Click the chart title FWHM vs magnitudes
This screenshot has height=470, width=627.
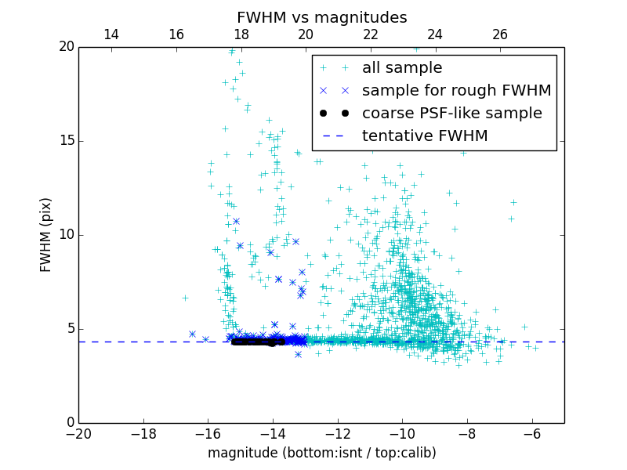321,17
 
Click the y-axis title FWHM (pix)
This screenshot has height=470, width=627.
46,234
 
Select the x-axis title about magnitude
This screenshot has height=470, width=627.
321,453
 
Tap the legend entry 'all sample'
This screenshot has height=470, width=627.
402,68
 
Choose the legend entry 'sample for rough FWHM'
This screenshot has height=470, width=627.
456,91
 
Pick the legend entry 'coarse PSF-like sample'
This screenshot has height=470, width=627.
451,114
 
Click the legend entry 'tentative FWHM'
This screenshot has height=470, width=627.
425,136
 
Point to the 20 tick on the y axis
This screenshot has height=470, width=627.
65,47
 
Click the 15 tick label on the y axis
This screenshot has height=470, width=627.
65,141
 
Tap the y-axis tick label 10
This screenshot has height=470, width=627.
65,235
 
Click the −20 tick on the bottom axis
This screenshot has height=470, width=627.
78,434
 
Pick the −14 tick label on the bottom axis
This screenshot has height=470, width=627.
273,434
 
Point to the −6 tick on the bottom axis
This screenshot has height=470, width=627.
532,434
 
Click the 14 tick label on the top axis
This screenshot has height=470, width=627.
111,34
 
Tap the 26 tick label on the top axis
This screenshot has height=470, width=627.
500,34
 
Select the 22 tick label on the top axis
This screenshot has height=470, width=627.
371,34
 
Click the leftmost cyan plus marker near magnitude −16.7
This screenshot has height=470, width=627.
185,298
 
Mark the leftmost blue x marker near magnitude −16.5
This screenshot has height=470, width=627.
192,334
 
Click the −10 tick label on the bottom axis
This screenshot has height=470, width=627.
402,434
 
